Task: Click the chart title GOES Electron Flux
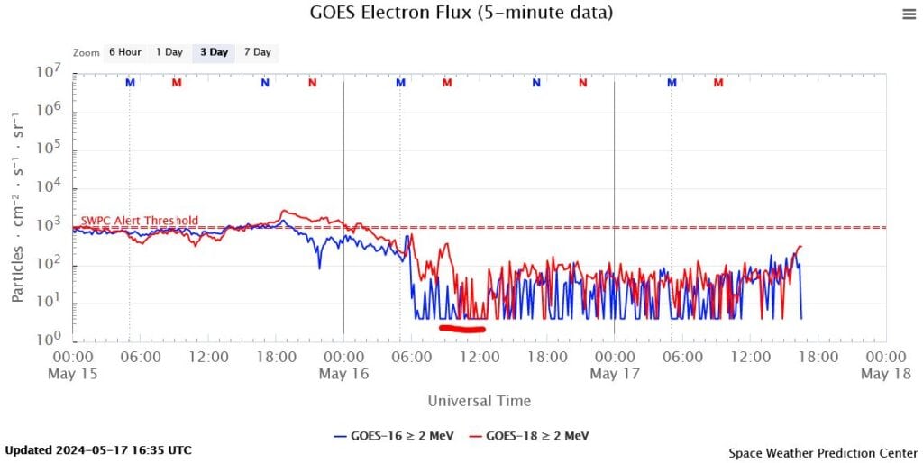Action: [x=461, y=13]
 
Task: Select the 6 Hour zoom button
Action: [x=124, y=52]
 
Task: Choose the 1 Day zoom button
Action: [x=169, y=52]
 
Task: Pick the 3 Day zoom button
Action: [x=214, y=52]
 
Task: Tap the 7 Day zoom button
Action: [x=257, y=52]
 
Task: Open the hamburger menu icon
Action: [x=908, y=13]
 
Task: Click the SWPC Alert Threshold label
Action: [x=140, y=221]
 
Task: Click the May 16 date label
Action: [x=343, y=374]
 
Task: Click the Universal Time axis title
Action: [x=479, y=401]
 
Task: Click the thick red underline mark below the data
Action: [x=462, y=329]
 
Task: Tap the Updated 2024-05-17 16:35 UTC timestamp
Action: [x=98, y=449]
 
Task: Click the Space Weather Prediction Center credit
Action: [x=822, y=451]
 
